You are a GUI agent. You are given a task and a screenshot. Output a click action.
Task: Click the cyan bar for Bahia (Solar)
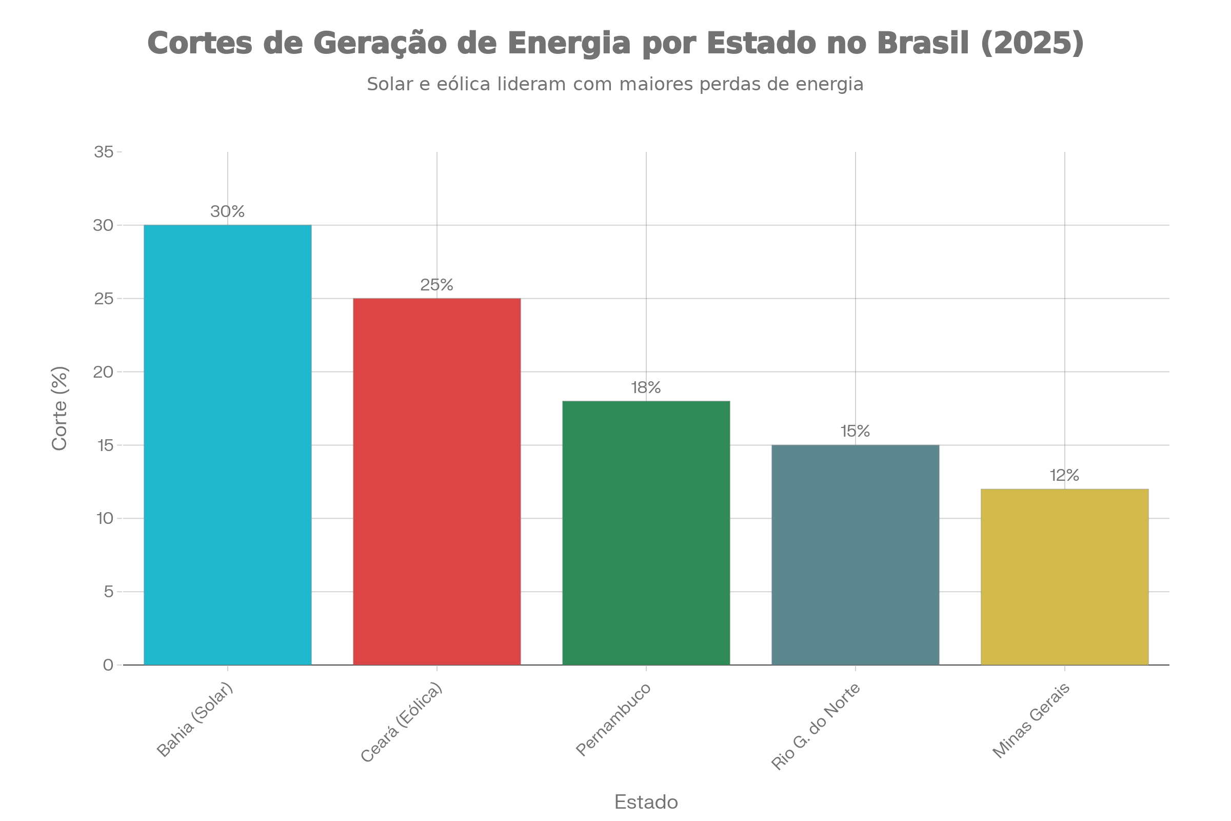tap(228, 445)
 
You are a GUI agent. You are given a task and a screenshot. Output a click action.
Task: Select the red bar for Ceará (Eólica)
tap(436, 482)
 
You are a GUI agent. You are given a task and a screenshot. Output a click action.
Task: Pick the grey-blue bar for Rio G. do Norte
tap(855, 555)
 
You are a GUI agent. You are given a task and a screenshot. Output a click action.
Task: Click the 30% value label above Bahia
tap(228, 211)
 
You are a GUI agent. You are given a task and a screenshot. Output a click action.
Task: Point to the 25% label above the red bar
tap(436, 285)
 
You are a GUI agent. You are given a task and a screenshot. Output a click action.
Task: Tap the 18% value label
tap(646, 388)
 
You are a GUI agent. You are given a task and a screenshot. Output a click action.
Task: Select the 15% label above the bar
tap(855, 432)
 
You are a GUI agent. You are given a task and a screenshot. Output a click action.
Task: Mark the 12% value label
tap(1065, 476)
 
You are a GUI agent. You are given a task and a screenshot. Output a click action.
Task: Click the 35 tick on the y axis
tap(104, 152)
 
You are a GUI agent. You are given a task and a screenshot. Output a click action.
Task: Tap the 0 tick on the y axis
tap(108, 666)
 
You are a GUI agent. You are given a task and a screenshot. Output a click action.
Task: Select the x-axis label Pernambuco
tap(614, 719)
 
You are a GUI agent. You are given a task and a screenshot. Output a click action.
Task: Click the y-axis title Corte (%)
tap(60, 408)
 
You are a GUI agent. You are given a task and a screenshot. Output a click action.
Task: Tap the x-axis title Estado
tap(646, 802)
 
